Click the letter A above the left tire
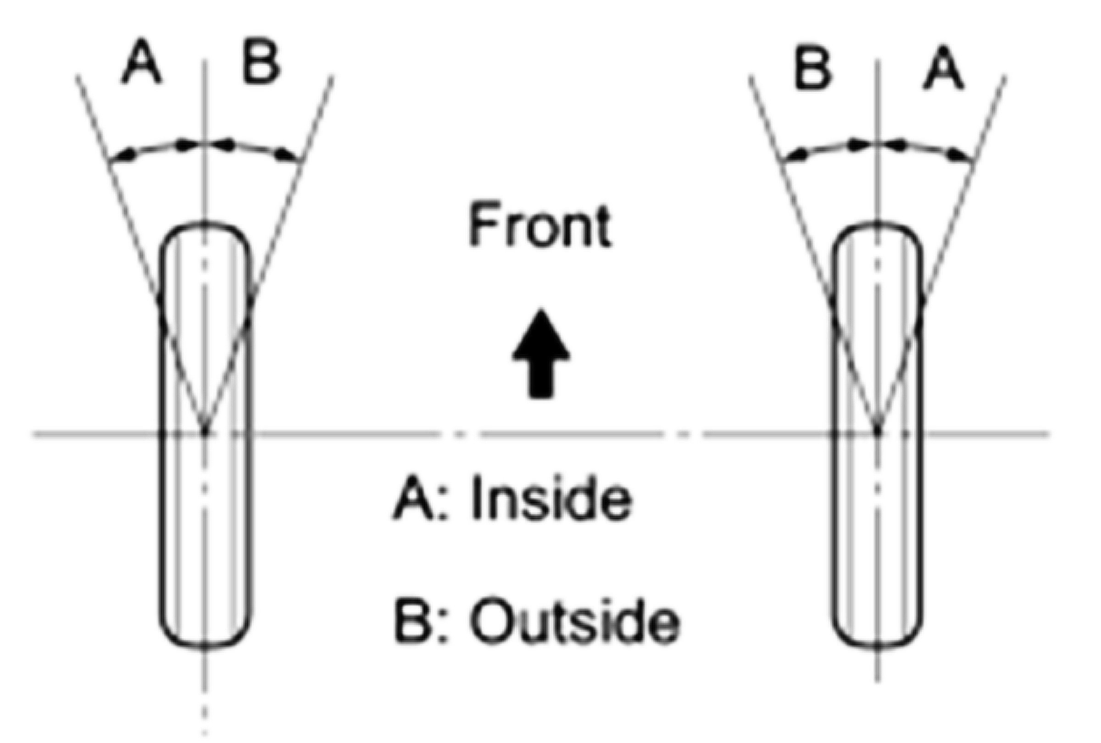pyautogui.click(x=141, y=62)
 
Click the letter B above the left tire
pyautogui.click(x=260, y=62)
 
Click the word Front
pyautogui.click(x=539, y=225)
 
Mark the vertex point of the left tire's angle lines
pyautogui.click(x=205, y=431)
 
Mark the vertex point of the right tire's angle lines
pyautogui.click(x=877, y=431)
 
